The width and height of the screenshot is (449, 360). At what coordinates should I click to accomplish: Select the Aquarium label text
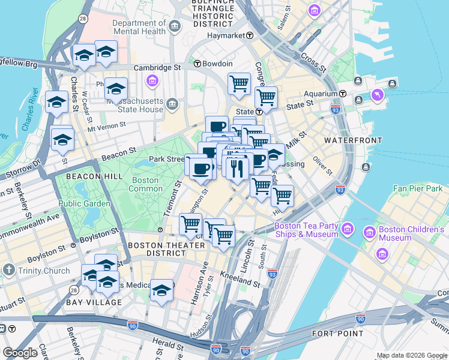[x=320, y=94]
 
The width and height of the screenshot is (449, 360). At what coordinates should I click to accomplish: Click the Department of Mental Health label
[x=139, y=27]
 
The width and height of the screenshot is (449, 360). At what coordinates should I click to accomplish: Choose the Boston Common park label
[x=145, y=184]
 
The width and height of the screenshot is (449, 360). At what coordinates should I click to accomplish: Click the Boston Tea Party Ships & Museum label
[x=306, y=230]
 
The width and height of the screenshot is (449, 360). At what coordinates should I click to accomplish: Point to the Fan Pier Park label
[x=417, y=188]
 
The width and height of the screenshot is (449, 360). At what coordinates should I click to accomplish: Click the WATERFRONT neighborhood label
[x=353, y=140]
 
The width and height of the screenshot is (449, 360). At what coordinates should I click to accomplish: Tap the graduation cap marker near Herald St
[x=161, y=291]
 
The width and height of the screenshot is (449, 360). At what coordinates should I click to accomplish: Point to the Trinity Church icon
[x=8, y=270]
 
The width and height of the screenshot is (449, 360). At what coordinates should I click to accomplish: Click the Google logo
[x=20, y=353]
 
